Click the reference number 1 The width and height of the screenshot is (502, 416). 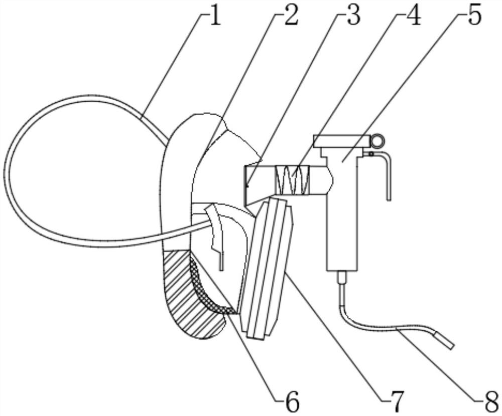coord(214,16)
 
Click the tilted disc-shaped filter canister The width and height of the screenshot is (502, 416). coord(266,266)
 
